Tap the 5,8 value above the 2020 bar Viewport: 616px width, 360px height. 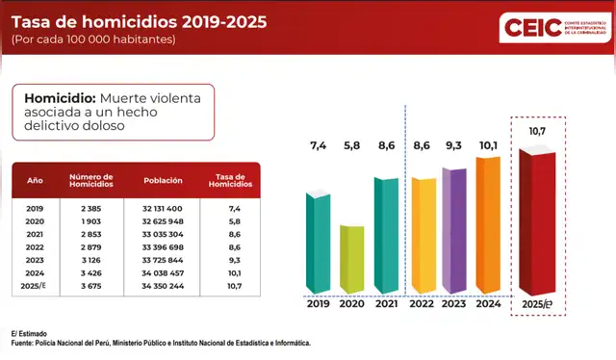pyautogui.click(x=351, y=145)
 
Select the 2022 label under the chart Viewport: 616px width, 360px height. pyautogui.click(x=422, y=304)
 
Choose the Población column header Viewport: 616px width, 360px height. pyautogui.click(x=163, y=181)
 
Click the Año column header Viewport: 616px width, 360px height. pyautogui.click(x=35, y=181)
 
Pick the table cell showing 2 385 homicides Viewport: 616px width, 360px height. pyautogui.click(x=91, y=208)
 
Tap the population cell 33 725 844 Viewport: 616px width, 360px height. pyautogui.click(x=162, y=259)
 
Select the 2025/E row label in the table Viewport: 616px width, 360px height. pyautogui.click(x=36, y=285)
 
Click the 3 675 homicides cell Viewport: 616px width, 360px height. pyautogui.click(x=91, y=285)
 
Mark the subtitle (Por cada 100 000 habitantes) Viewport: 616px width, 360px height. pyautogui.click(x=94, y=39)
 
